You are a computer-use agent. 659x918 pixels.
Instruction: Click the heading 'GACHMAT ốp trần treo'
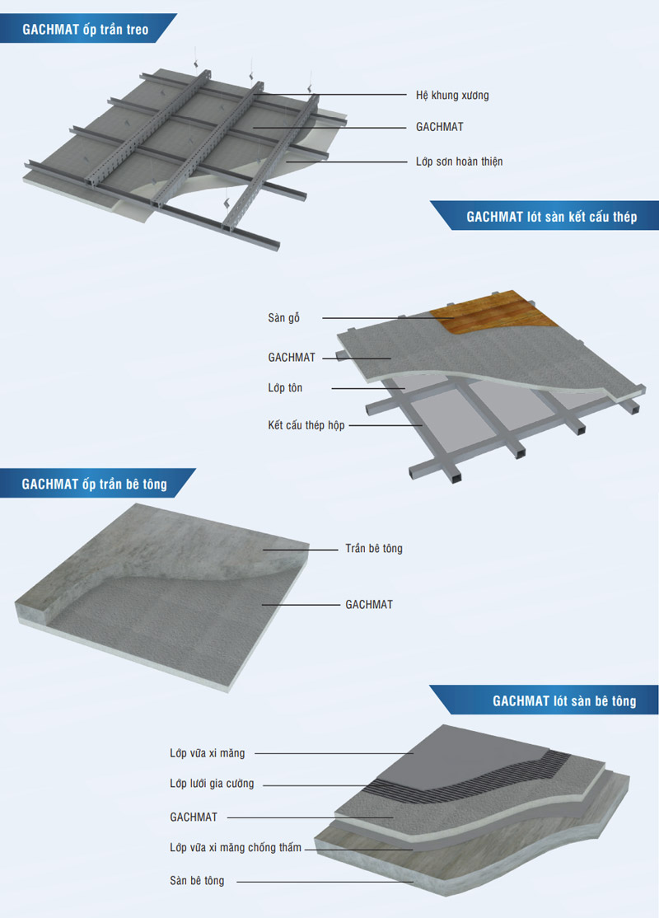pos(86,30)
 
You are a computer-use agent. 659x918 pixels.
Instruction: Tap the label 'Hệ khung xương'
pos(452,96)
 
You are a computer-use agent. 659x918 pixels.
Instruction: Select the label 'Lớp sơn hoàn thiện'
pos(460,162)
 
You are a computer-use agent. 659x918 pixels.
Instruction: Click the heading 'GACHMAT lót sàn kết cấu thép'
pos(551,217)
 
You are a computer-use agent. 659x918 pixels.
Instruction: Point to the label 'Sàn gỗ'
pos(284,318)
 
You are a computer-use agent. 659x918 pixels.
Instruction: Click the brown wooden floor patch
pos(483,311)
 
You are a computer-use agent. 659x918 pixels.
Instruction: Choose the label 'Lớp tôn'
pos(285,387)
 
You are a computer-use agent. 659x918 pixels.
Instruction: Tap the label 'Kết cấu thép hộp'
pos(306,425)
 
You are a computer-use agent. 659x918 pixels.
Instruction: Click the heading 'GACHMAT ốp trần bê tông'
pos(94,485)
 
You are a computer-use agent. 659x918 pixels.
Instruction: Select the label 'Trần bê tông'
pos(374,549)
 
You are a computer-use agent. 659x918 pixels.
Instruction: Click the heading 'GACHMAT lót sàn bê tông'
pos(564,700)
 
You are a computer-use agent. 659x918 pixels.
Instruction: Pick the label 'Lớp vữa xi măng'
pos(208,753)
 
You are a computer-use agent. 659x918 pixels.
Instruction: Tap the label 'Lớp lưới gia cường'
pos(212,784)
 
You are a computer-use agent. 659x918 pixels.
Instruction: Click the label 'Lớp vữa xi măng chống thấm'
pos(236,847)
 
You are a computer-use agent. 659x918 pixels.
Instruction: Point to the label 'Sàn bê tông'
pos(197,881)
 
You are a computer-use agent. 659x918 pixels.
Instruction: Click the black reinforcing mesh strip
pos(468,775)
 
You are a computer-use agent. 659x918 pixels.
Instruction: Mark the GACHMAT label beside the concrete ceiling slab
pos(369,604)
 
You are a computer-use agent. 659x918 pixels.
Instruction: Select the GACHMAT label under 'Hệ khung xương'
pos(440,126)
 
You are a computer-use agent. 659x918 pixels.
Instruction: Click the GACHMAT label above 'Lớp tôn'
pos(292,357)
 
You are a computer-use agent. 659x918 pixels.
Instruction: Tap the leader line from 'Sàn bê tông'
pos(325,882)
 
